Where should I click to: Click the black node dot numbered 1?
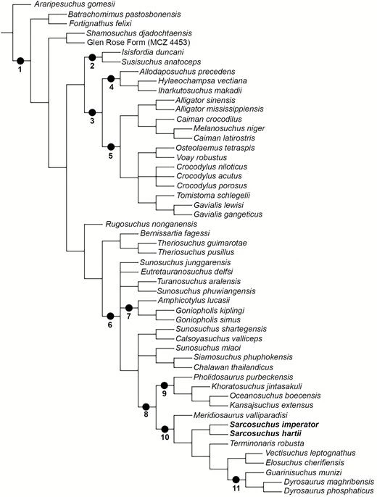pos(20,60)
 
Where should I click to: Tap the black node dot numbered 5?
pos(111,147)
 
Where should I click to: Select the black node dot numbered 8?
pos(146,406)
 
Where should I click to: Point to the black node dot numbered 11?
pos(236,480)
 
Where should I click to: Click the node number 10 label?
pos(165,438)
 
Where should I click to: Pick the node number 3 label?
pos(92,121)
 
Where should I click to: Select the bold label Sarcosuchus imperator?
pos(274,425)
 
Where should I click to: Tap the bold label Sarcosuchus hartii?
pos(265,433)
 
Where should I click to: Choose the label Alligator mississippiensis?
pos(220,109)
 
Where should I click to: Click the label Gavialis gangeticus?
pos(228,214)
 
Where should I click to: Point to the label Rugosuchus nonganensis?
pos(152,224)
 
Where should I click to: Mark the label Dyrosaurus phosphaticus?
pos(328,491)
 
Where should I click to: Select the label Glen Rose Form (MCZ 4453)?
pos(138,43)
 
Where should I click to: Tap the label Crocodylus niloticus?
pos(212,167)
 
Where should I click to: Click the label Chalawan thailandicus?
pos(233,367)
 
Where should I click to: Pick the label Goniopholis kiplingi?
pos(210,311)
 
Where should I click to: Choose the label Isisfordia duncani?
pos(152,52)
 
